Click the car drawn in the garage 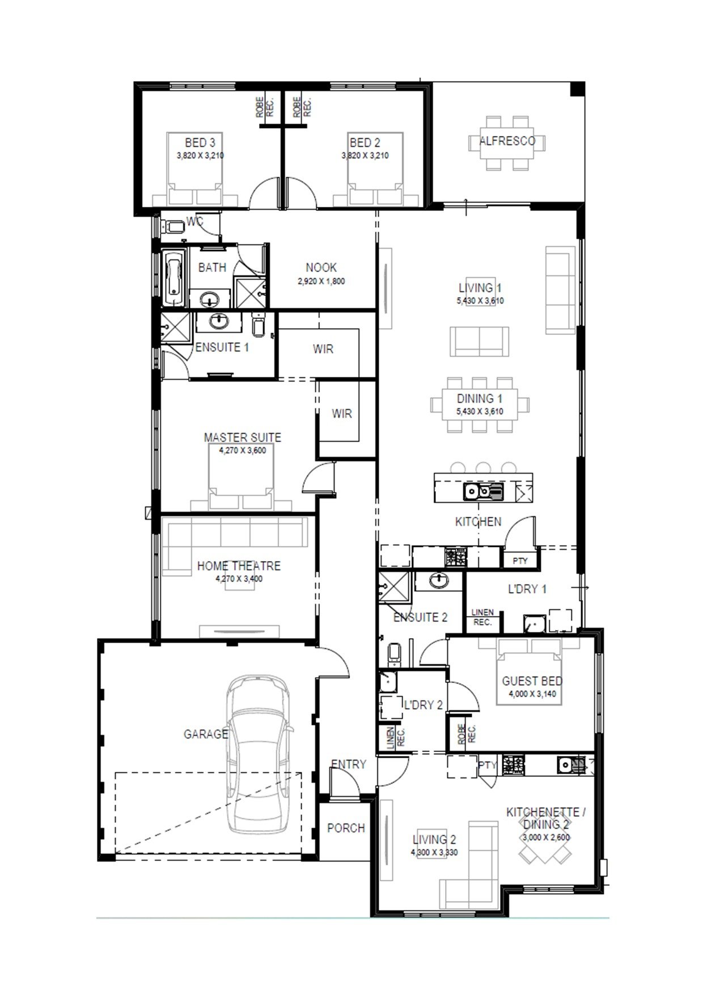[x=259, y=754]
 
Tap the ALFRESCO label [x=507, y=141]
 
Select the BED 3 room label [x=200, y=143]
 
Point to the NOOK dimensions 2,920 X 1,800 [x=321, y=281]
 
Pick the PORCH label [x=346, y=828]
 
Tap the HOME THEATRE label [x=239, y=566]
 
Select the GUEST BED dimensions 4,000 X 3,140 [x=532, y=694]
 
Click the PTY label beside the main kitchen [x=520, y=560]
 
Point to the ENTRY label [x=349, y=764]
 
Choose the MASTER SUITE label [x=242, y=437]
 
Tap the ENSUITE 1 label [x=222, y=347]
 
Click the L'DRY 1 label [x=527, y=589]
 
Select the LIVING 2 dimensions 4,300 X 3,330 [x=434, y=852]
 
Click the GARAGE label [x=206, y=734]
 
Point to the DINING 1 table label [x=480, y=398]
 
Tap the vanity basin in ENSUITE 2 [x=438, y=580]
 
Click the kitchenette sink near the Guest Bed [x=572, y=765]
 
